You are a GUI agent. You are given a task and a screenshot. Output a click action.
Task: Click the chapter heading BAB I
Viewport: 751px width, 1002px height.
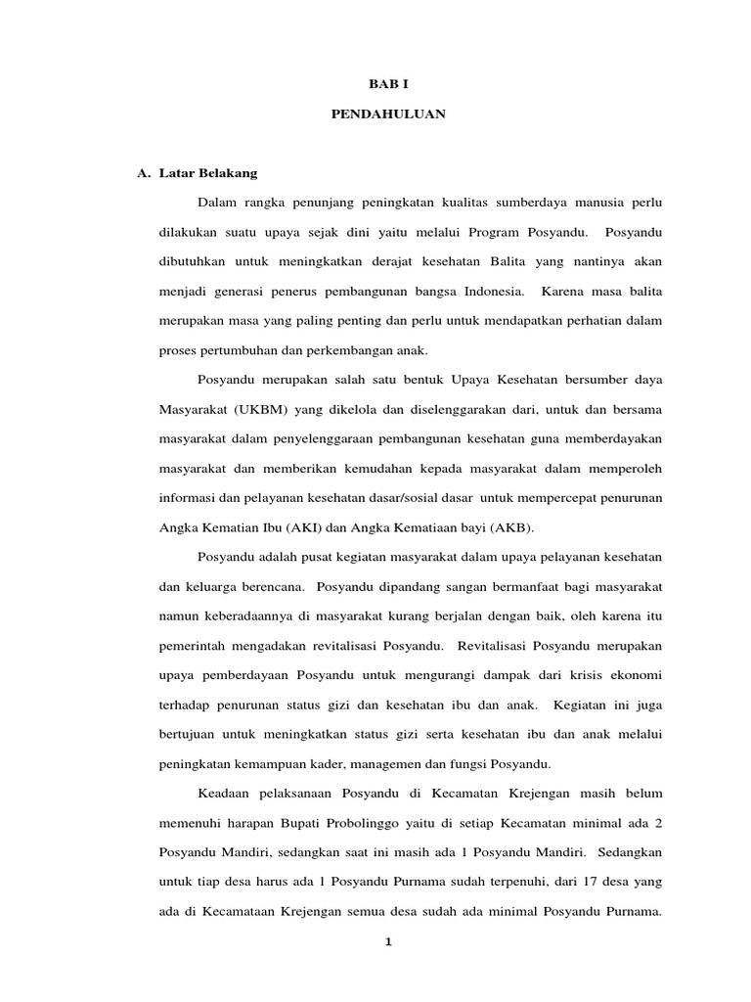[x=382, y=85]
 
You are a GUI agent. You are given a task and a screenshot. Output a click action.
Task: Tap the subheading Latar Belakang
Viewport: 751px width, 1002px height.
[x=207, y=173]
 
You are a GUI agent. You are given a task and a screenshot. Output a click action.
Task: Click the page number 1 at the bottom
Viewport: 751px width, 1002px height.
[x=387, y=942]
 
